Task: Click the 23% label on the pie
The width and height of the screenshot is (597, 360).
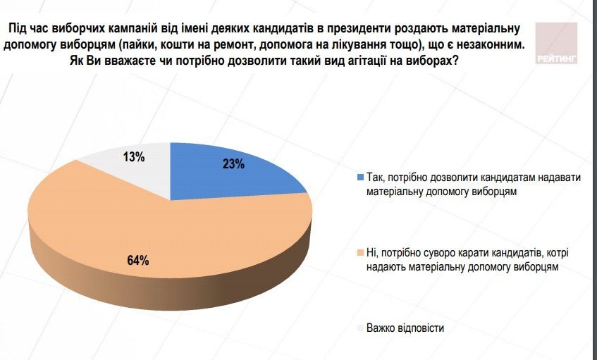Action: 233,165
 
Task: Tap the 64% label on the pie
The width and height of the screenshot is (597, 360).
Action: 138,260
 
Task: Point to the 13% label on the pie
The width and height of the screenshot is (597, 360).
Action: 134,157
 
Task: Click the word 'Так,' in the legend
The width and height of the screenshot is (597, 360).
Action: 376,178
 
